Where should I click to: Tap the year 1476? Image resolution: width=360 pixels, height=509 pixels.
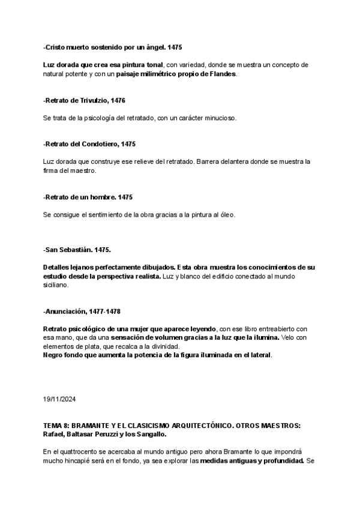(x=118, y=100)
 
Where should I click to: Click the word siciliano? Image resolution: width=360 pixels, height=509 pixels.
(x=56, y=285)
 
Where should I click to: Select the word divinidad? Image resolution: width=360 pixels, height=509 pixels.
(x=187, y=346)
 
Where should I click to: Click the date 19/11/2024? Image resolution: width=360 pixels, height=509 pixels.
(x=59, y=399)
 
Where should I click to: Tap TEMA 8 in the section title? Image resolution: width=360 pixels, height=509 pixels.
(x=58, y=425)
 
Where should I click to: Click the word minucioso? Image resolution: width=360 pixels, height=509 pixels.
(x=218, y=118)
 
